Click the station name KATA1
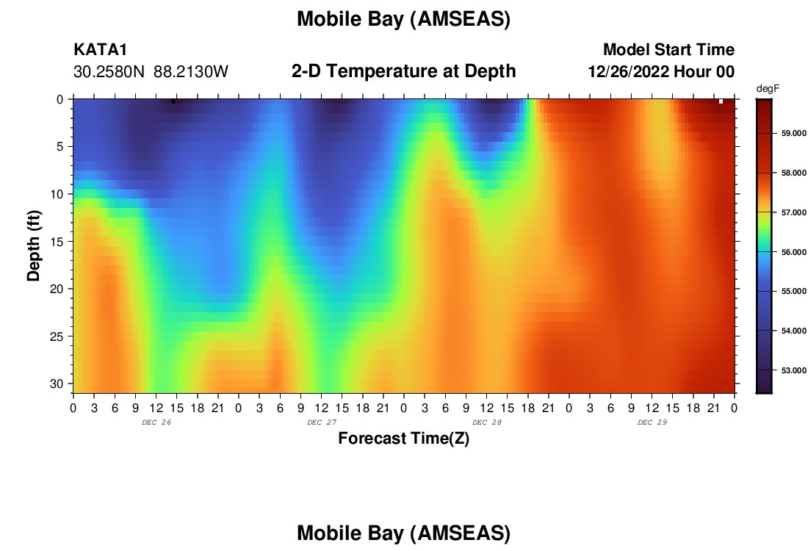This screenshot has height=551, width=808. click(x=100, y=49)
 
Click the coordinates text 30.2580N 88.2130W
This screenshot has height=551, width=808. click(x=151, y=72)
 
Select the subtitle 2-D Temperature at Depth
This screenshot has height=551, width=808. click(x=403, y=71)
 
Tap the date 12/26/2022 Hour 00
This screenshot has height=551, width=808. click(x=661, y=72)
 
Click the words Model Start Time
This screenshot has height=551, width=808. click(x=668, y=49)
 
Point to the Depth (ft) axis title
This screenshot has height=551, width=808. click(x=33, y=245)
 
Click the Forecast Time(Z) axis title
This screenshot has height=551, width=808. click(x=403, y=438)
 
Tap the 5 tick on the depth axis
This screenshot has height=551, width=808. click(x=59, y=147)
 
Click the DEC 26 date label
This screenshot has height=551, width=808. click(x=156, y=422)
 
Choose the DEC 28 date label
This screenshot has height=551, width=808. click(x=487, y=422)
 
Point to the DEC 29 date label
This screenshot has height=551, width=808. click(x=652, y=422)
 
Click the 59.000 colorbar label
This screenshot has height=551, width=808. click(x=793, y=133)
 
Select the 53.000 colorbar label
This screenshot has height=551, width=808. click(x=793, y=370)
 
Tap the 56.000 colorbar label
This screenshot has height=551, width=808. click(x=793, y=252)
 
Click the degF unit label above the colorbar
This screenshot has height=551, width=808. click(x=768, y=89)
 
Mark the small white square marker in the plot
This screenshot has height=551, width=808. click(x=721, y=101)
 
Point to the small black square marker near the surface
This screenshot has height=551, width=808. click(x=173, y=101)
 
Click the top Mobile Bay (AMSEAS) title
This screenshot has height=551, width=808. click(x=403, y=19)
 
